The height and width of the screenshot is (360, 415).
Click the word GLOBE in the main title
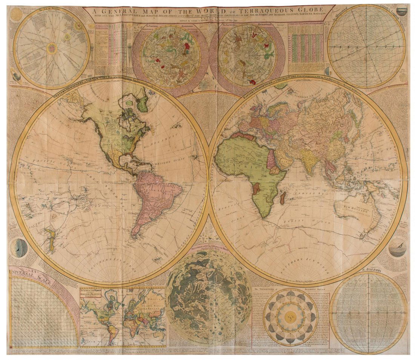(310, 9)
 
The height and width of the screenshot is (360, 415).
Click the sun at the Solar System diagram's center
(51, 48)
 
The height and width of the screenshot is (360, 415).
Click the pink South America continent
(155, 196)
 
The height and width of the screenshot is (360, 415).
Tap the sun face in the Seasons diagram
(290, 317)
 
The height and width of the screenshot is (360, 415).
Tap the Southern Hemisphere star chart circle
(247, 55)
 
